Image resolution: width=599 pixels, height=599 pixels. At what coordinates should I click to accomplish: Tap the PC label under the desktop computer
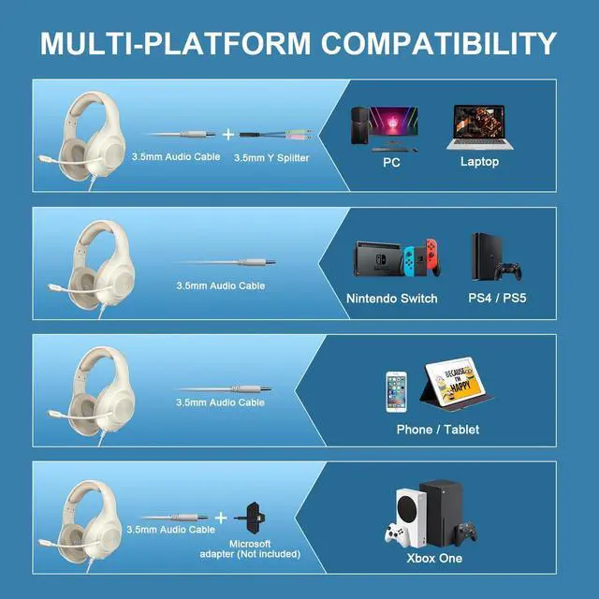click(391, 162)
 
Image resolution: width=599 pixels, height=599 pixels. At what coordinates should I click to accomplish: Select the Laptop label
click(479, 162)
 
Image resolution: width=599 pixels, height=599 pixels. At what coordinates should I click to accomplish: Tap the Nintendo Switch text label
click(391, 299)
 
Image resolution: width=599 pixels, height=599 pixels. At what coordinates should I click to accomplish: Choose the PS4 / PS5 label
click(494, 299)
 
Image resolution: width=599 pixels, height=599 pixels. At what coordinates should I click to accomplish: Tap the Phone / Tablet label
click(438, 430)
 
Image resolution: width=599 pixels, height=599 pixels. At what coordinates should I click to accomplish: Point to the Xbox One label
click(435, 559)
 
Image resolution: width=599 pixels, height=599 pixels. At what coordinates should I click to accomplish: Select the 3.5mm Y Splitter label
click(270, 158)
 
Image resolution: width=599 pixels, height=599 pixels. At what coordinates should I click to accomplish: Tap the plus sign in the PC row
click(227, 135)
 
